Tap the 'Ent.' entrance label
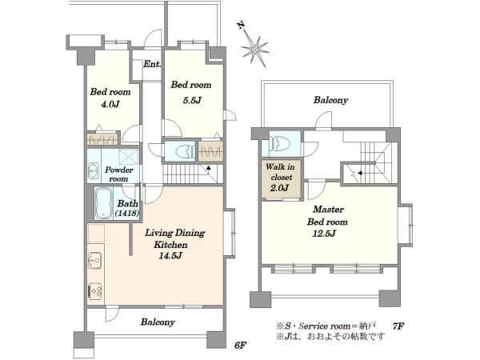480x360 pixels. pyautogui.click(x=152, y=64)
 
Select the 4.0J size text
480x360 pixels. pyautogui.click(x=110, y=104)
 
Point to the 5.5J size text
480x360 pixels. pyautogui.click(x=192, y=100)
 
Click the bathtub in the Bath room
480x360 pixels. pyautogui.click(x=103, y=203)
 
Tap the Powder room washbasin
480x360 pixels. pyautogui.click(x=93, y=171)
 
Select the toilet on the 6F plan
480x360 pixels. pyautogui.click(x=185, y=150)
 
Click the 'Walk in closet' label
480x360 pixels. pyautogui.click(x=281, y=172)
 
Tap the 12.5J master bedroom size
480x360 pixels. pyautogui.click(x=325, y=234)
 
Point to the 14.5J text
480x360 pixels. pyautogui.click(x=170, y=256)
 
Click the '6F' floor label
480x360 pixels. pyautogui.click(x=241, y=346)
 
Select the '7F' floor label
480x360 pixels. pyautogui.click(x=398, y=326)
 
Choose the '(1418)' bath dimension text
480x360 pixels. pyautogui.click(x=127, y=213)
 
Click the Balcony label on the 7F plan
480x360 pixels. pyautogui.click(x=330, y=100)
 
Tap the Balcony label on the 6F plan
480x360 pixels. pyautogui.click(x=158, y=322)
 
